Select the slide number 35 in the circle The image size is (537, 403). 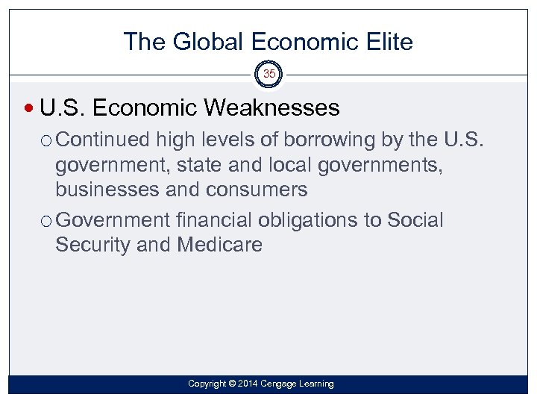click(x=268, y=75)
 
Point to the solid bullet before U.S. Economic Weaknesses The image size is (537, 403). click(x=30, y=109)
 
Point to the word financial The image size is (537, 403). click(x=215, y=220)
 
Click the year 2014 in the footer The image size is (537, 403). click(x=249, y=384)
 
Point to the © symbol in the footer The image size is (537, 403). click(x=232, y=384)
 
